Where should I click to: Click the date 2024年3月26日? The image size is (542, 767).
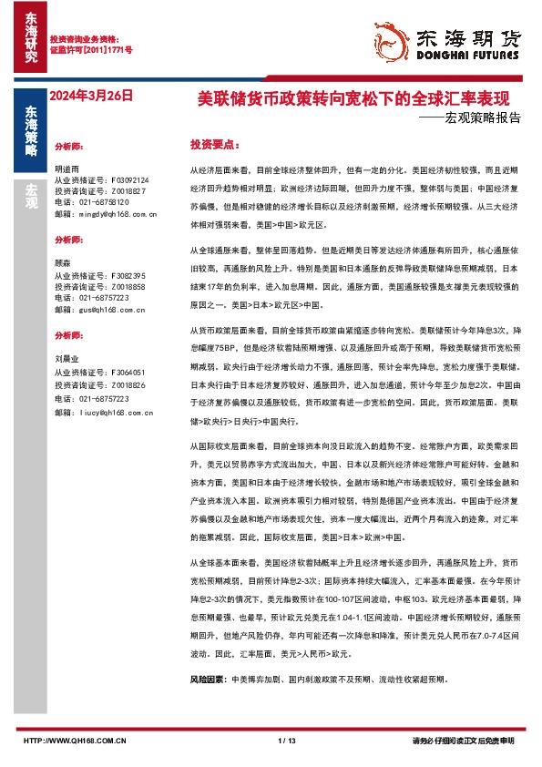pyautogui.click(x=92, y=95)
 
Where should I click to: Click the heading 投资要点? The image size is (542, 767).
pyautogui.click(x=214, y=145)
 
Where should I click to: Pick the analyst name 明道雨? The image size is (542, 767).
pyautogui.click(x=67, y=169)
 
